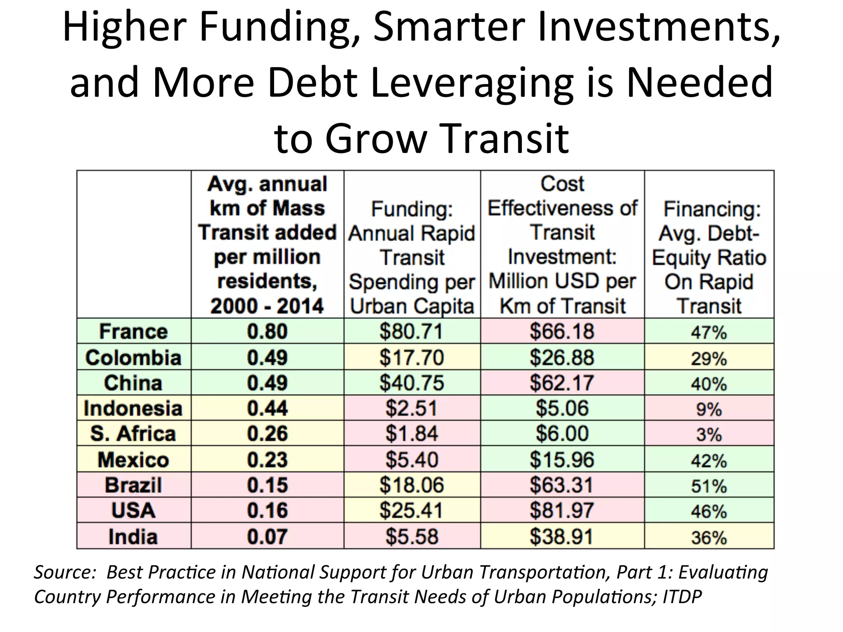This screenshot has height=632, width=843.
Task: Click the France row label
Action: point(133,331)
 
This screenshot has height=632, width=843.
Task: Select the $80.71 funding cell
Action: point(411,331)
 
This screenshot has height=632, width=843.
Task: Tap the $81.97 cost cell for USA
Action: point(562,510)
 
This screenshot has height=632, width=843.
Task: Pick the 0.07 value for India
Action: point(267,537)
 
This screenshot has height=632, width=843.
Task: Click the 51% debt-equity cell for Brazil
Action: point(709,486)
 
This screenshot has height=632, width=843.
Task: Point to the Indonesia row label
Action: point(133,408)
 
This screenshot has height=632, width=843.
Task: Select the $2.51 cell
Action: point(411,408)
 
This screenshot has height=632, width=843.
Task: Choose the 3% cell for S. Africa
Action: point(709,434)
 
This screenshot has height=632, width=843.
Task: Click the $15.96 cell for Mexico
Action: point(562,460)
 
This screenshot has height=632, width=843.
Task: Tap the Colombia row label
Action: point(133,357)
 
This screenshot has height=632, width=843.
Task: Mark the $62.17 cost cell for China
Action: point(562,383)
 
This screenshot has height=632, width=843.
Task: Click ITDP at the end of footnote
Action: point(682,597)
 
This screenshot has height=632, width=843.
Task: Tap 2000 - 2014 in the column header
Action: point(267,306)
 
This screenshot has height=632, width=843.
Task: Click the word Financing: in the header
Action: point(712,209)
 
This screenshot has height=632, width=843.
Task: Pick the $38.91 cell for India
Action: point(562,537)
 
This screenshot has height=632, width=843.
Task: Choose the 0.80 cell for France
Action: point(267,331)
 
